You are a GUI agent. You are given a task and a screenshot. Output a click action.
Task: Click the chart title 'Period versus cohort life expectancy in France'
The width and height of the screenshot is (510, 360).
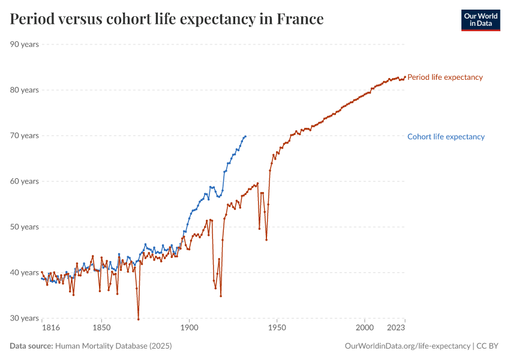coord(167,19)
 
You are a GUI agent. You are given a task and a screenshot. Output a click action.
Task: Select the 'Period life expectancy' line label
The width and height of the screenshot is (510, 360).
coord(445,77)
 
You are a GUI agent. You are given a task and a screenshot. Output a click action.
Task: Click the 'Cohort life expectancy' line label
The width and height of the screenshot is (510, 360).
coord(446,137)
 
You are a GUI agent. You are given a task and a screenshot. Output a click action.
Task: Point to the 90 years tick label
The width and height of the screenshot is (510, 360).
coord(25,44)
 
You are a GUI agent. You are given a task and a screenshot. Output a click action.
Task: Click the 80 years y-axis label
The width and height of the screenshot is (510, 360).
coord(25,90)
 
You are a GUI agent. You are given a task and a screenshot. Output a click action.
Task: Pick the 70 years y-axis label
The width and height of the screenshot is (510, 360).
coord(25,136)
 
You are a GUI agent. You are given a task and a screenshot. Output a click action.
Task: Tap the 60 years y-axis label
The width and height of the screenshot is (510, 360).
coord(25,181)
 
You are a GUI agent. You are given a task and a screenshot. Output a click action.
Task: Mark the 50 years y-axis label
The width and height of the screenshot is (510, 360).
coord(25,227)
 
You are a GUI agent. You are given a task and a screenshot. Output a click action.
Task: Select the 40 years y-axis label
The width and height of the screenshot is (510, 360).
coord(25,272)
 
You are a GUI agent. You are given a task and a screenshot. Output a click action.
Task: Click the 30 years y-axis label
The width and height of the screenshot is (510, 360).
coord(25,318)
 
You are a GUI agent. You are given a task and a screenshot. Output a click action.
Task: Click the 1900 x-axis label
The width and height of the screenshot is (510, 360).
coord(189,328)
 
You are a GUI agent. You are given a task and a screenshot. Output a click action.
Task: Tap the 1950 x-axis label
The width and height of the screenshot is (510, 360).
coord(277,328)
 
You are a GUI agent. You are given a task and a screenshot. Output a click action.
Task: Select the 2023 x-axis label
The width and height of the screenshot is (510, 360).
coord(396,328)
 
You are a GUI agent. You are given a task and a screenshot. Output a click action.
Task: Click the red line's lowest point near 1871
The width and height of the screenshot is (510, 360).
coord(138,319)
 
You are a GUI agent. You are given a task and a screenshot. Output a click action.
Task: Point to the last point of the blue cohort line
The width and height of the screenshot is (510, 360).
coord(245,136)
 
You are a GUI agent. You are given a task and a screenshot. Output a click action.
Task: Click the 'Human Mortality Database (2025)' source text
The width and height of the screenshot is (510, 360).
coord(118,346)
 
